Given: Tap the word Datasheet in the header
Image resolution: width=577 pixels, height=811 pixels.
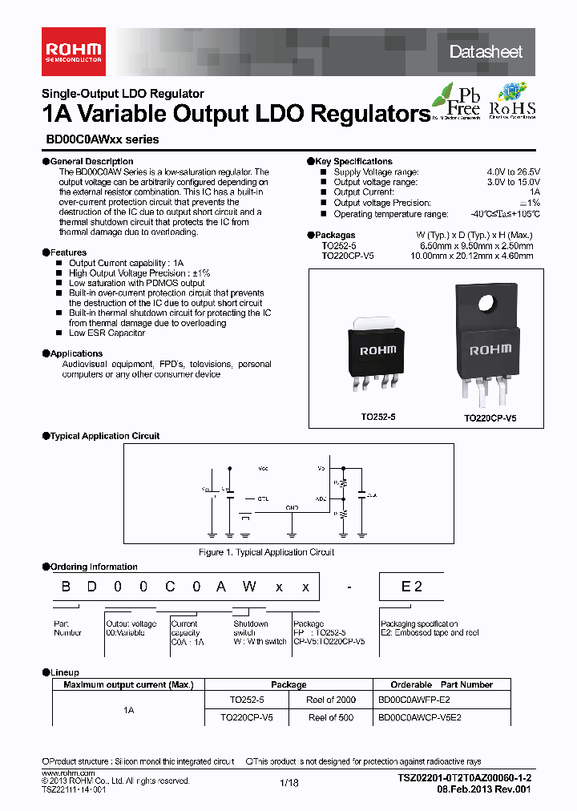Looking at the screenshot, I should [x=486, y=52].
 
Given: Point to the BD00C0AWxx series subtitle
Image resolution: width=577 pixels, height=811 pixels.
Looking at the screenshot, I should [x=99, y=139].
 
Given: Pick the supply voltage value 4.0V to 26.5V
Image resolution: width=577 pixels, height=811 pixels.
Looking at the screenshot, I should [x=513, y=172].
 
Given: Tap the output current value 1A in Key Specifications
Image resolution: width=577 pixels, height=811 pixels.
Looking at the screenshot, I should [x=535, y=193].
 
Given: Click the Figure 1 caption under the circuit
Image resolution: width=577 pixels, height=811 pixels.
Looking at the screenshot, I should [x=266, y=552].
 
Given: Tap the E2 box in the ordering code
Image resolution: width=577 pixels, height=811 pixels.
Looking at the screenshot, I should [x=411, y=587].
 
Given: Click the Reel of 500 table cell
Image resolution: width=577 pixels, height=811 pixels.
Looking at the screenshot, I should [x=330, y=717].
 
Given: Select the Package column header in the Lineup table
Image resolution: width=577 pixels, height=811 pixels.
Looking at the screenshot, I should [x=288, y=684].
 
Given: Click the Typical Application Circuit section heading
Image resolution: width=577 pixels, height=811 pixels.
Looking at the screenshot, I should [x=104, y=436].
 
